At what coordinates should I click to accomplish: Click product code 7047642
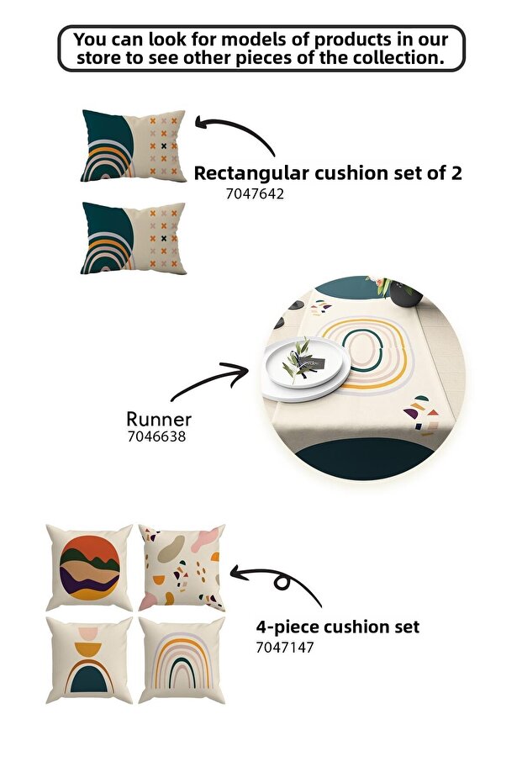pyautogui.click(x=255, y=193)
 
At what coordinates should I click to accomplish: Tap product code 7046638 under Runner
pyautogui.click(x=156, y=436)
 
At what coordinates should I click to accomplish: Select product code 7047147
pyautogui.click(x=285, y=648)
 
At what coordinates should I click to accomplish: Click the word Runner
pyautogui.click(x=159, y=419)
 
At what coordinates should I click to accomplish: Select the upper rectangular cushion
pyautogui.click(x=134, y=145)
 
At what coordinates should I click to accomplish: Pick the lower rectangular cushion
pyautogui.click(x=134, y=238)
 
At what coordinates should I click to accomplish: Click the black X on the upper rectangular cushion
pyautogui.click(x=164, y=146)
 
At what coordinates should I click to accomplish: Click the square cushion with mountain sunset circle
pyautogui.click(x=89, y=568)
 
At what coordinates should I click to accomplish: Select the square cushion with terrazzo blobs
pyautogui.click(x=182, y=568)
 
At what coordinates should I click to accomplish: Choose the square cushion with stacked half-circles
pyautogui.click(x=89, y=660)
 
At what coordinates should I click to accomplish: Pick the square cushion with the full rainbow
pyautogui.click(x=182, y=660)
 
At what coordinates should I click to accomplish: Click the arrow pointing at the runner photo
pyautogui.click(x=209, y=378)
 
